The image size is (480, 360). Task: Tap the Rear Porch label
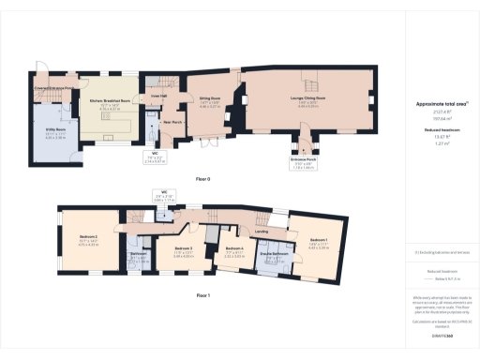coord(172,122)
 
